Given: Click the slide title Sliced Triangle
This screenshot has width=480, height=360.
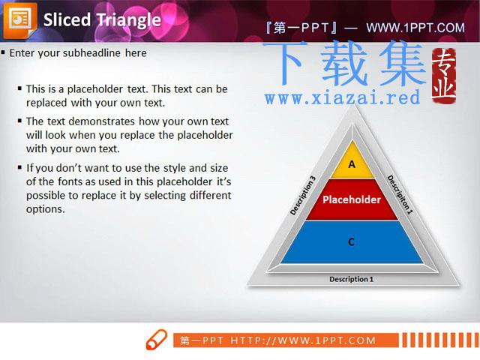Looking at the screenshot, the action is click(x=102, y=20).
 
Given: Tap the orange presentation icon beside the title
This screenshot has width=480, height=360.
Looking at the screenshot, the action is click(x=20, y=20).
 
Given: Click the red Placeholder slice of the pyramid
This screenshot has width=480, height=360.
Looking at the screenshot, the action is click(x=352, y=199).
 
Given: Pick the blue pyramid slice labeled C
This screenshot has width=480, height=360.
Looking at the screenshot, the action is click(x=352, y=241).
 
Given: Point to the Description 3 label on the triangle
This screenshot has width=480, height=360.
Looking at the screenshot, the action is click(x=302, y=195).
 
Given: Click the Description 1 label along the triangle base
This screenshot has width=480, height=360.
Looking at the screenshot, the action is click(x=352, y=279).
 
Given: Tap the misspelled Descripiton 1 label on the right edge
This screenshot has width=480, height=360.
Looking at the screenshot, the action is click(x=400, y=195).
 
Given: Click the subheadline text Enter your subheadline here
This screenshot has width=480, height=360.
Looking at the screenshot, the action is click(x=78, y=53).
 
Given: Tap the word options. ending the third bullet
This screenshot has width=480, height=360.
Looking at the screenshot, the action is click(x=46, y=210).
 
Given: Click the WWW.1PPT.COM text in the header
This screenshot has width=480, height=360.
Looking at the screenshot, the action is click(x=415, y=28).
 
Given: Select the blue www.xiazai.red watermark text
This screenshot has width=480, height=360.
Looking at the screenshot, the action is click(x=343, y=97).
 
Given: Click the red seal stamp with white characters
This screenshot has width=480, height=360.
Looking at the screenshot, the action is click(x=444, y=76).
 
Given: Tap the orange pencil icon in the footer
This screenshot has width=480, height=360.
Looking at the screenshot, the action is click(x=157, y=340).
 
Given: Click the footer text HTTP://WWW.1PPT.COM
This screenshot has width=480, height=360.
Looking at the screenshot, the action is click(x=303, y=340).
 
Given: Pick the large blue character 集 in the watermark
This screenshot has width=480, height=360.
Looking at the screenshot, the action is click(x=403, y=64).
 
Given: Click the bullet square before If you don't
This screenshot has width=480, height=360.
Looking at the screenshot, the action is click(x=20, y=167).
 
